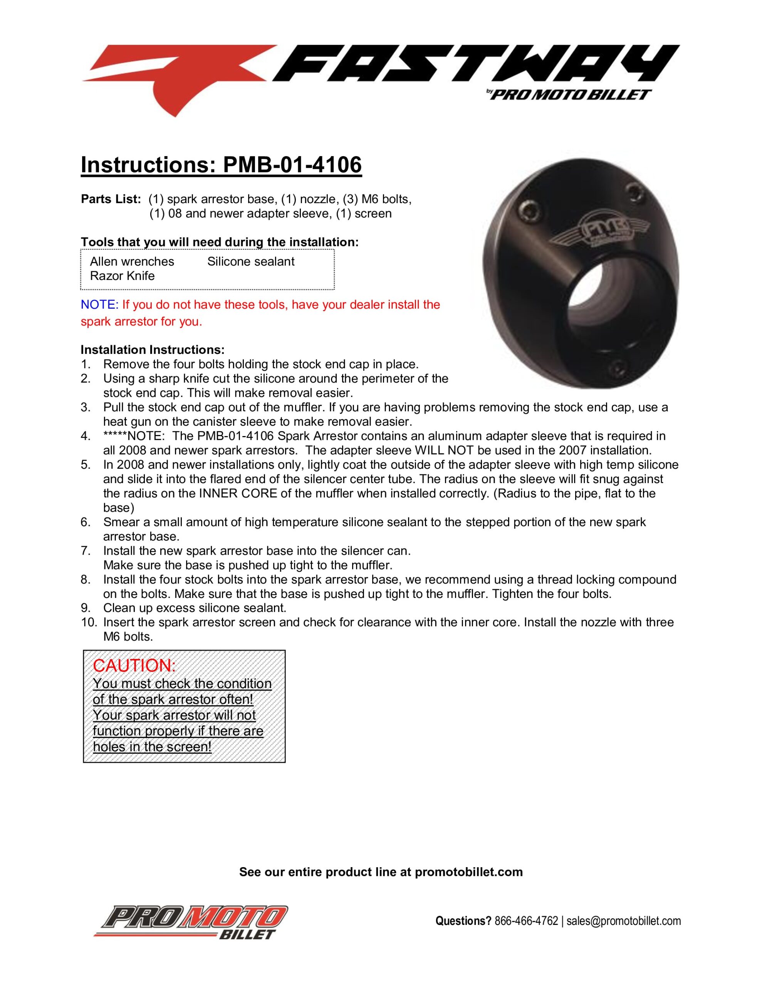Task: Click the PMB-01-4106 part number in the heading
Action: (x=292, y=165)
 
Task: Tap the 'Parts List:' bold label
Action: (x=111, y=199)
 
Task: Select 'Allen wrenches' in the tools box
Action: (x=132, y=261)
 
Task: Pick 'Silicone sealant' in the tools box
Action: (x=251, y=261)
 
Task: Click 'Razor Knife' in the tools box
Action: (x=122, y=276)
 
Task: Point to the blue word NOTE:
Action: (x=99, y=305)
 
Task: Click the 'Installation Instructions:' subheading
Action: (x=152, y=349)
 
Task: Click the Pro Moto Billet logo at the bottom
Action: (x=190, y=922)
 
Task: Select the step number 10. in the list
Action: (x=89, y=622)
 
